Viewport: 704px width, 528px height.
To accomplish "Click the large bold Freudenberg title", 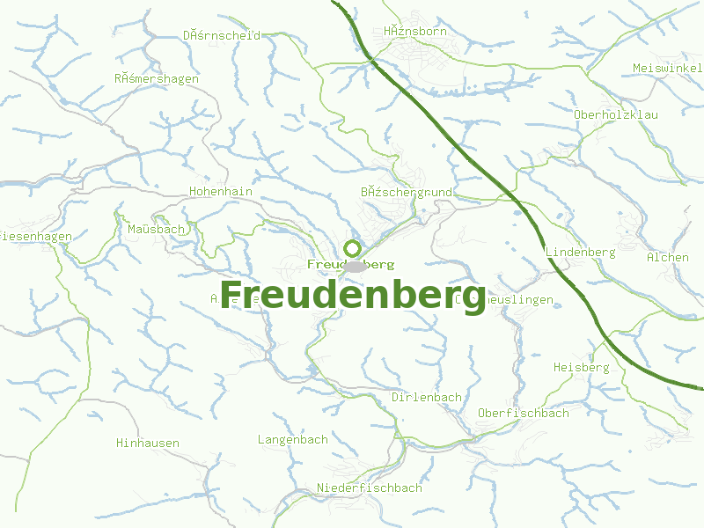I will [x=352, y=294].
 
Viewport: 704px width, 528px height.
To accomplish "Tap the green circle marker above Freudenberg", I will [x=352, y=248].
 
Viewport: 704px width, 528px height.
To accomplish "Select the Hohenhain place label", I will [x=221, y=191].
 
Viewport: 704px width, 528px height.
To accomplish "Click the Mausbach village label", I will [x=156, y=230].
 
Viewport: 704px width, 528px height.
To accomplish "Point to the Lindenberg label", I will [x=580, y=253].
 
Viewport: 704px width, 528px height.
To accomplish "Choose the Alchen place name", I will [x=667, y=257].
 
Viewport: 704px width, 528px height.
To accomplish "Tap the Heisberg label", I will [x=581, y=367].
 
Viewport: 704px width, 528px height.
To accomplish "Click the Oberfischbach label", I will [x=523, y=413].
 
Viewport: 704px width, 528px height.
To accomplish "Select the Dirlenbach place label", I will [x=426, y=397].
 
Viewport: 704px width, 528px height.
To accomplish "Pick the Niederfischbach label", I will [x=369, y=488].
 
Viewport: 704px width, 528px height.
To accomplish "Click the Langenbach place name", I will [x=292, y=439].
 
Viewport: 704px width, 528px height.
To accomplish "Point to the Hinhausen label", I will [x=148, y=443].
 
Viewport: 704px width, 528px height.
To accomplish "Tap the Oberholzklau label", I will [x=615, y=115].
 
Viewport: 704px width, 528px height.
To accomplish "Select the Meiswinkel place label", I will [x=667, y=69].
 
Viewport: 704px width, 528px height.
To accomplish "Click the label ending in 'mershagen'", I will [x=157, y=78].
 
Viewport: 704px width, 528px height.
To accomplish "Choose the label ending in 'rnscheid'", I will [x=222, y=36].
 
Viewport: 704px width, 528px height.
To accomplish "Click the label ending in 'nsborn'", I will [x=415, y=32].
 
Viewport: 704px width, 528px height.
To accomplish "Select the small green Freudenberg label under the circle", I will [x=351, y=264].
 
